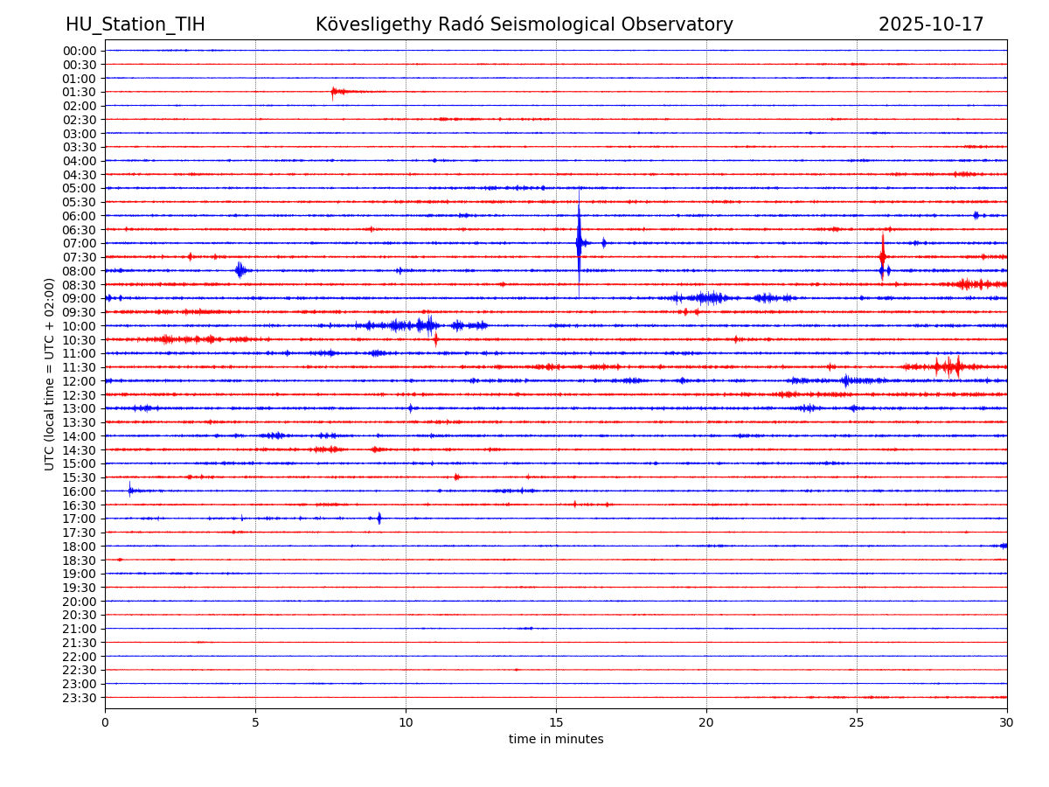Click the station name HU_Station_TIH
tap(135, 24)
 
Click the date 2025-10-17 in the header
tap(931, 24)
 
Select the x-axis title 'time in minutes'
tap(556, 739)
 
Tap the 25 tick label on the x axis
tap(857, 723)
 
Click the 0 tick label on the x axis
tap(105, 723)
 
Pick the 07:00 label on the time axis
tap(80, 243)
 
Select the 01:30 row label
tap(80, 92)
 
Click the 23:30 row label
tap(80, 698)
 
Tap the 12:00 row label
tap(80, 381)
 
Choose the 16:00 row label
tap(80, 491)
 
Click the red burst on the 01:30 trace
tap(335, 91)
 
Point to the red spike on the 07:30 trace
tap(883, 255)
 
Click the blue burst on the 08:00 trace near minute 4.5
tap(240, 270)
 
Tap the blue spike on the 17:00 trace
tap(379, 518)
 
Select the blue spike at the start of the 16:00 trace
tap(130, 490)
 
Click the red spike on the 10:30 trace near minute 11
tap(435, 339)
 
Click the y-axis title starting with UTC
tap(50, 373)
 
